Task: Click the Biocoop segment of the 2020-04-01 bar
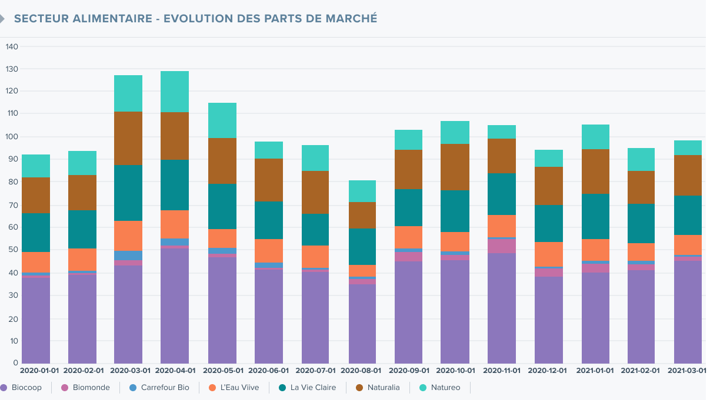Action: [x=175, y=305]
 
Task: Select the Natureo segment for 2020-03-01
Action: [x=128, y=93]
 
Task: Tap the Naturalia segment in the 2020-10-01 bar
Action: [x=455, y=167]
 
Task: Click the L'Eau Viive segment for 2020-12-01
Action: [x=549, y=254]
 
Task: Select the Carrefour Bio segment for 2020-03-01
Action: [x=128, y=256]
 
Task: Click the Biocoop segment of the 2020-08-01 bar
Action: [x=362, y=324]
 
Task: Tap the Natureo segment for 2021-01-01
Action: [x=595, y=137]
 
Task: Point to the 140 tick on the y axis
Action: [x=11, y=46]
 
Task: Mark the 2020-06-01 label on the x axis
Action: [x=268, y=371]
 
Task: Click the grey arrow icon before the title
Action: [x=2, y=19]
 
